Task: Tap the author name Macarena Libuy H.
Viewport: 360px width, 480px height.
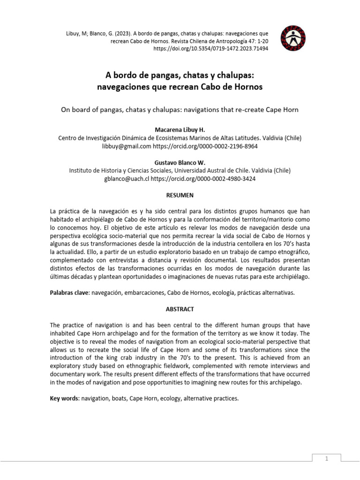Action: click(x=180, y=129)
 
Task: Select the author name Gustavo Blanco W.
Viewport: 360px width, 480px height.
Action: click(x=180, y=162)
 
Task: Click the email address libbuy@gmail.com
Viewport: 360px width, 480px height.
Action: click(x=126, y=146)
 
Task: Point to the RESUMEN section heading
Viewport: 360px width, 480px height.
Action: click(x=180, y=195)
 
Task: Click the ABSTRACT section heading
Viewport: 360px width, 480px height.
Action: click(x=180, y=309)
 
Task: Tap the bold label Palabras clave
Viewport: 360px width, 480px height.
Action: click(x=69, y=292)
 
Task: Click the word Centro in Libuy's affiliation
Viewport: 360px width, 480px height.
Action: click(x=68, y=138)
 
